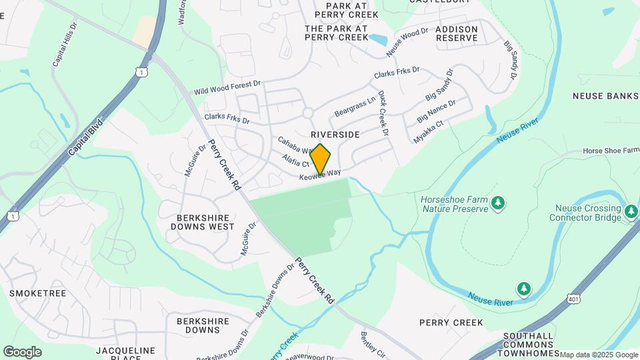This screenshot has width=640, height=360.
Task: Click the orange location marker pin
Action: pyautogui.click(x=320, y=159)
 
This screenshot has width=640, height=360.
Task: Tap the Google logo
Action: pyautogui.click(x=22, y=351)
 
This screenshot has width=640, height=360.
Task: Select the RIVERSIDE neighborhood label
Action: pyautogui.click(x=335, y=135)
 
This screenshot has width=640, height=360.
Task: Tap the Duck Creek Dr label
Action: pyautogui.click(x=383, y=114)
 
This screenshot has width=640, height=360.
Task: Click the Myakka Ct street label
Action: pyautogui.click(x=429, y=132)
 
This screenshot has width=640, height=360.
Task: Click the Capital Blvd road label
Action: pyautogui.click(x=87, y=138)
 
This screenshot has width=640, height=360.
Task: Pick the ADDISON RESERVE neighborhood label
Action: pyautogui.click(x=457, y=34)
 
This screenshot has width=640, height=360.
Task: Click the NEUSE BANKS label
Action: pyautogui.click(x=605, y=96)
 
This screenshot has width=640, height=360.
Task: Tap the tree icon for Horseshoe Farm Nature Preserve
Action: pyautogui.click(x=497, y=202)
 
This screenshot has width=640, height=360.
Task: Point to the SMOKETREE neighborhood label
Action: pyautogui.click(x=37, y=293)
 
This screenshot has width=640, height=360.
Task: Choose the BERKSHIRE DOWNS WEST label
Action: pyautogui.click(x=205, y=222)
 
